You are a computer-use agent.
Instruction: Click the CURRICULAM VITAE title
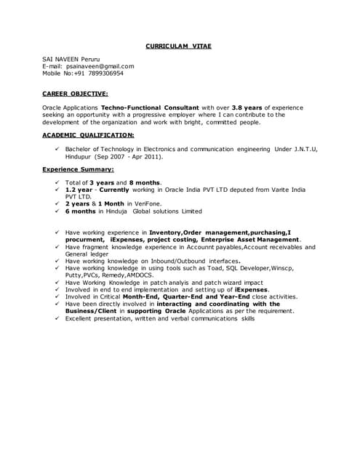[x=179, y=46]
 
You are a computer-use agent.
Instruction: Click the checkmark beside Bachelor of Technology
[x=57, y=149]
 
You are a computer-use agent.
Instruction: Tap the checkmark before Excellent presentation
[x=57, y=318]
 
